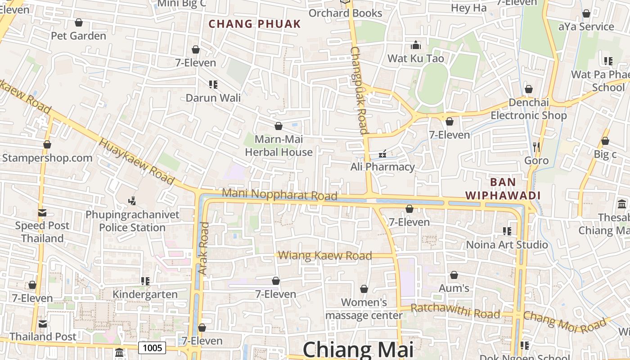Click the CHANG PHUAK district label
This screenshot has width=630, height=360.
tap(255, 24)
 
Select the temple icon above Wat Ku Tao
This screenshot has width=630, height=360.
tap(416, 45)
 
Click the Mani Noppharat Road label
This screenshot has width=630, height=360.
tap(279, 194)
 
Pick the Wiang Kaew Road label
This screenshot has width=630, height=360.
tap(325, 256)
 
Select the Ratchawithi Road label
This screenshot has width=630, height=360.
tap(455, 311)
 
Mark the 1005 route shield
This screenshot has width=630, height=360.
tap(152, 347)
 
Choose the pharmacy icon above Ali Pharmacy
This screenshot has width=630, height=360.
tap(382, 154)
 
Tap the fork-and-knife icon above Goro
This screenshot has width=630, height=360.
tap(536, 147)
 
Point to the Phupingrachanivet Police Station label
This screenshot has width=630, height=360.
tap(132, 221)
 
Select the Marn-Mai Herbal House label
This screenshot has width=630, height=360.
tap(279, 146)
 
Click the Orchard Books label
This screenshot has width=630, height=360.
tap(345, 13)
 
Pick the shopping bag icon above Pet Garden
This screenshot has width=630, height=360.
tap(79, 22)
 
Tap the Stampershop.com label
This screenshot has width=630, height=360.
tap(47, 158)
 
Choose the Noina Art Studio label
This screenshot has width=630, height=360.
tap(507, 245)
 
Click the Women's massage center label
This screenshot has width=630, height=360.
tap(364, 309)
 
